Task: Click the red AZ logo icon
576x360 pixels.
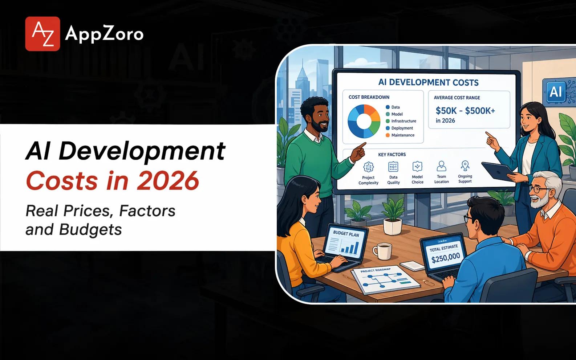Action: point(42,34)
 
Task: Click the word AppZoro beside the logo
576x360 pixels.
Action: point(104,34)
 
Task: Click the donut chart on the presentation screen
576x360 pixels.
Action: point(364,121)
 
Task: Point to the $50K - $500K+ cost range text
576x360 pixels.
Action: point(465,110)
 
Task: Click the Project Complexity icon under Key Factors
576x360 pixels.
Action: point(368,167)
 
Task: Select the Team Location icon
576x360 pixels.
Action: point(441,167)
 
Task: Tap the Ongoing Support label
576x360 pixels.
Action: point(465,179)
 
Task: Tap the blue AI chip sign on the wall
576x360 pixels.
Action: point(555,91)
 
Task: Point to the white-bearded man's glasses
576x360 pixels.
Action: point(539,189)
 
